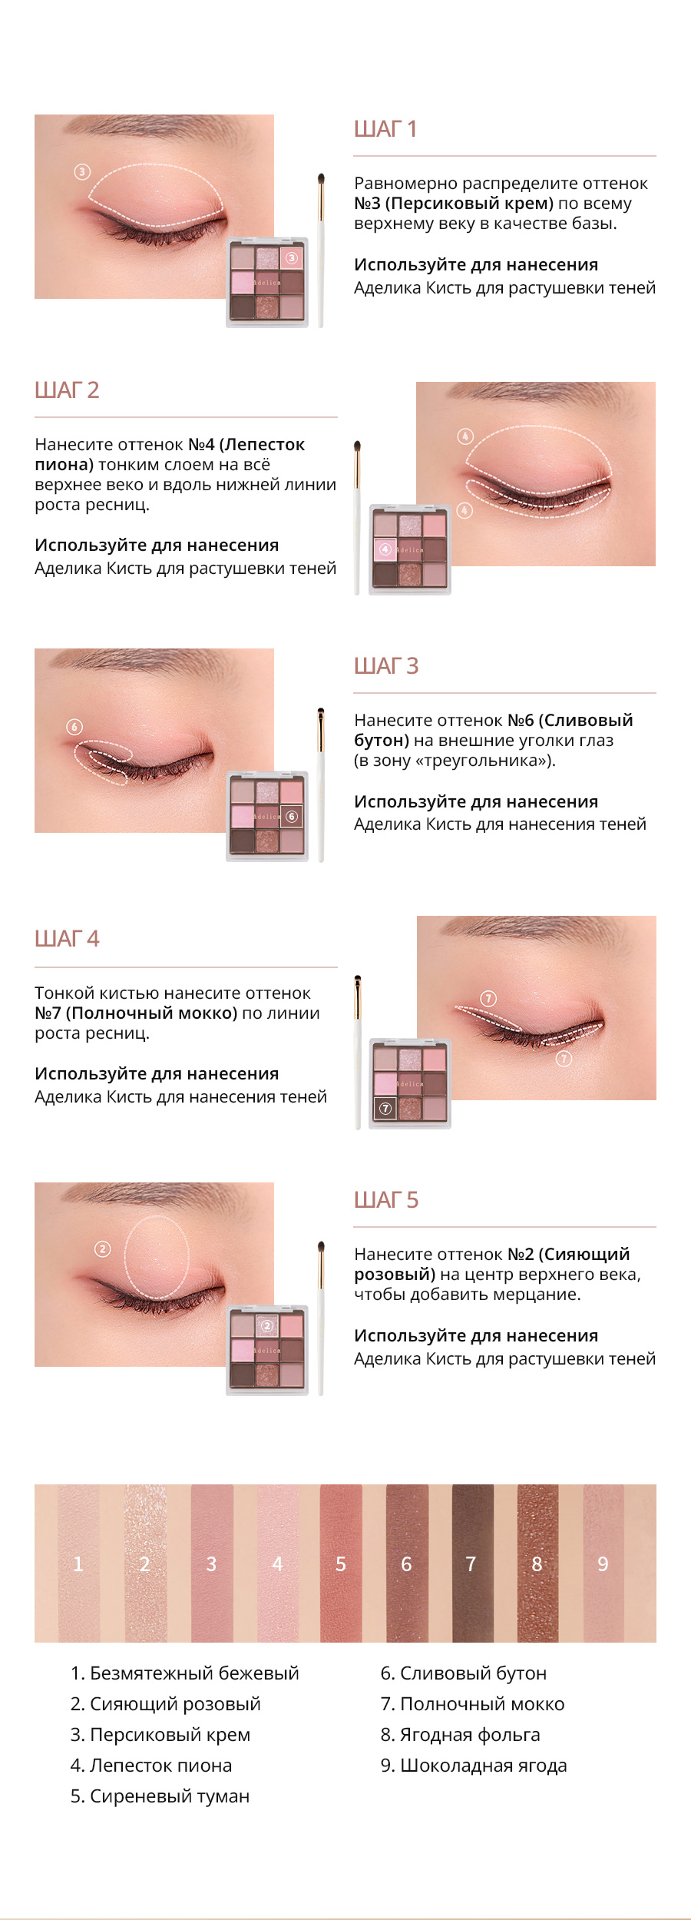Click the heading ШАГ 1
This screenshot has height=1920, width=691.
(385, 129)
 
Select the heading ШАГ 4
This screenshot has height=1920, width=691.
(67, 939)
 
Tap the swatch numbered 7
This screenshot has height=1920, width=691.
(472, 1563)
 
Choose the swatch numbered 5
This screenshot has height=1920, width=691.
(341, 1563)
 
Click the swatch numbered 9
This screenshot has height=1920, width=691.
(603, 1563)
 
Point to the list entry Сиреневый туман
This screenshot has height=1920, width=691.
(160, 1796)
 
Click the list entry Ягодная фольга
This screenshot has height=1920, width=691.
(461, 1735)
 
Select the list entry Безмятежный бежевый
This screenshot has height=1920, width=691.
(185, 1673)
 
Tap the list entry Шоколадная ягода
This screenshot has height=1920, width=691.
(474, 1766)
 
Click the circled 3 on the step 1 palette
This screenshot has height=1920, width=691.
(292, 257)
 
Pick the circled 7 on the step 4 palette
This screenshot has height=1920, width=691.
(385, 1109)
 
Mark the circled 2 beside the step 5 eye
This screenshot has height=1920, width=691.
(102, 1249)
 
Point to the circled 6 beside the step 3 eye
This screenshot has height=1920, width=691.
(74, 727)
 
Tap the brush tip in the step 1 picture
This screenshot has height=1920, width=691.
(321, 181)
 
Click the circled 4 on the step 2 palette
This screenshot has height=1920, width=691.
(385, 549)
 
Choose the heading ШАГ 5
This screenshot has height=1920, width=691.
(386, 1200)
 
